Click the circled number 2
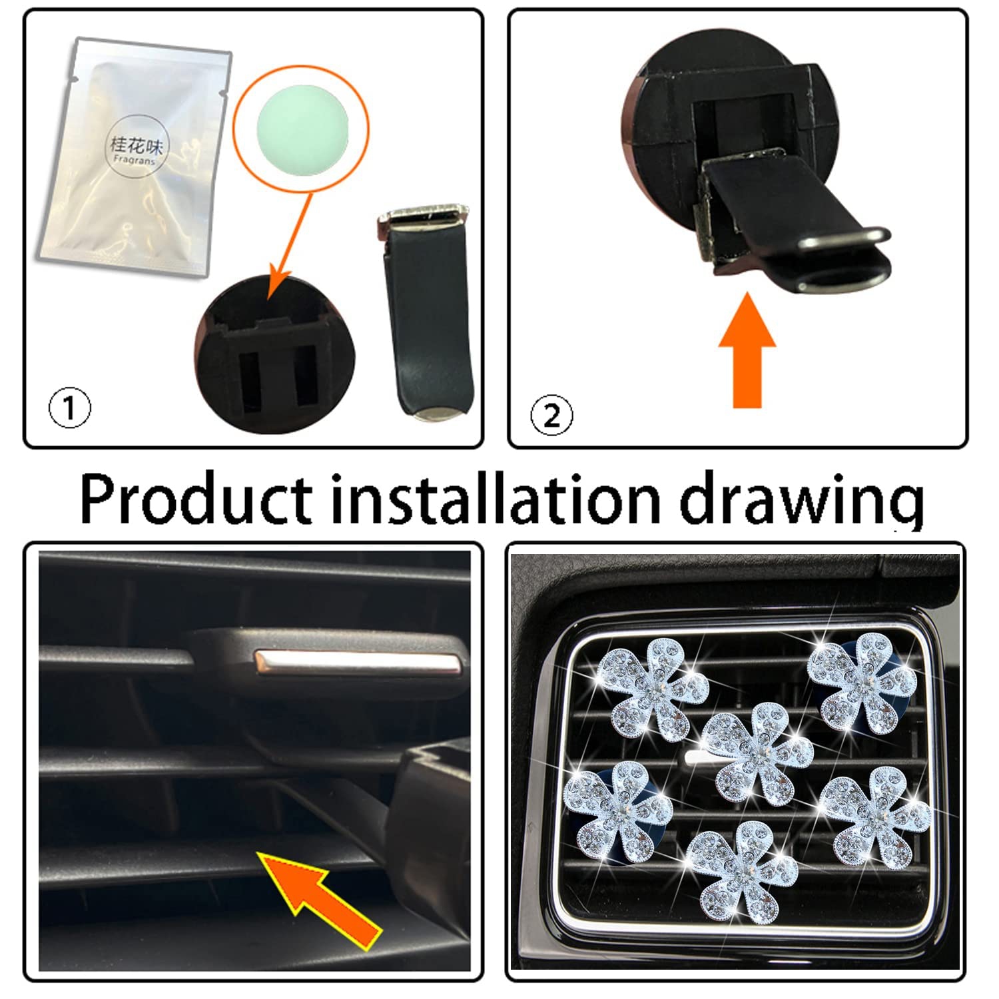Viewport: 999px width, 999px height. (551, 416)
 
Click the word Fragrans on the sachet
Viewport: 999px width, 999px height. (134, 161)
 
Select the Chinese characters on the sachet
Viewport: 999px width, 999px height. (136, 143)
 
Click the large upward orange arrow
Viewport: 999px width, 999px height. (747, 349)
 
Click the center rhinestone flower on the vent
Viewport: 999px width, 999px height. (757, 756)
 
